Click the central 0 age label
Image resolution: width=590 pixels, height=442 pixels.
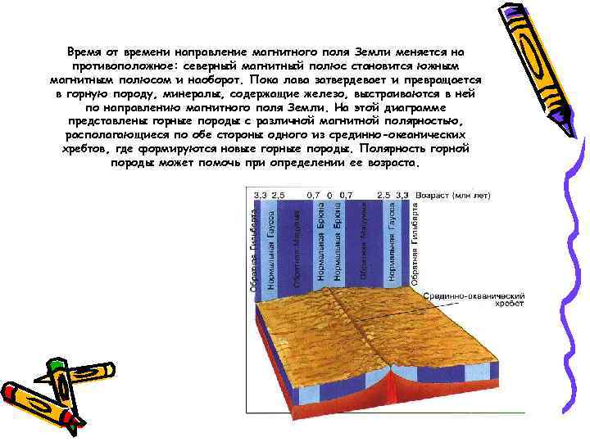click(329, 196)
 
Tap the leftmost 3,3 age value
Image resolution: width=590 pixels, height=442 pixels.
click(261, 196)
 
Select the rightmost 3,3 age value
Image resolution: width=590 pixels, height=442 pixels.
click(402, 196)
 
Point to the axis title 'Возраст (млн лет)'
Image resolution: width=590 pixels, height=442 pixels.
click(453, 196)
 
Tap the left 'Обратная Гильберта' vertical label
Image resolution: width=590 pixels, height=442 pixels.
click(253, 250)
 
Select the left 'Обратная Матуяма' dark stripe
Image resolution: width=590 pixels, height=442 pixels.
click(297, 242)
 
